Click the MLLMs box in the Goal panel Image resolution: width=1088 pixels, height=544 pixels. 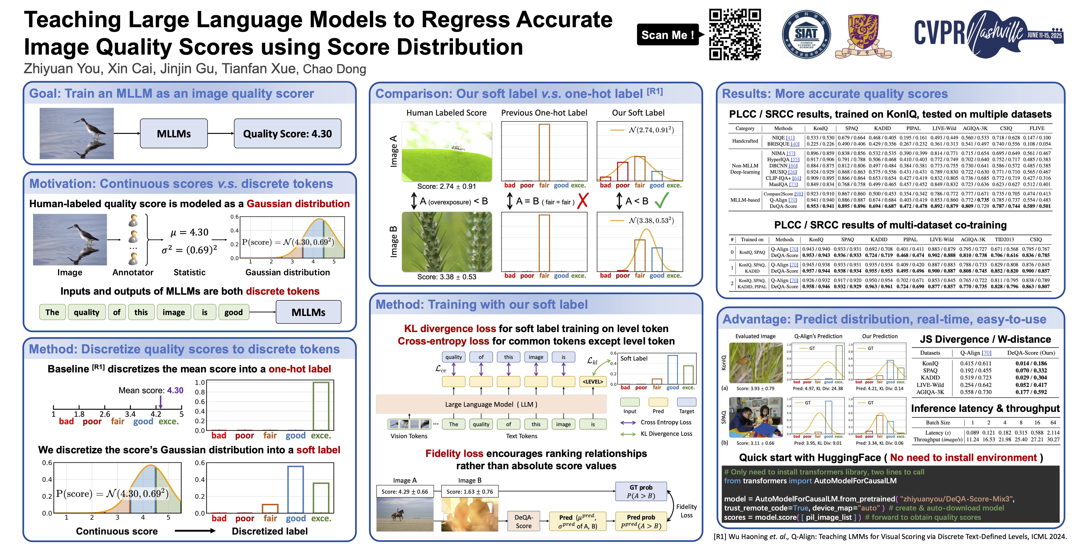[174, 134]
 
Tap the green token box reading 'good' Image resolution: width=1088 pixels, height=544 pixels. [233, 312]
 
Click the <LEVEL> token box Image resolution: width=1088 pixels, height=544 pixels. [593, 382]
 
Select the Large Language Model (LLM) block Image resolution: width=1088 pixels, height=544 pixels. [491, 404]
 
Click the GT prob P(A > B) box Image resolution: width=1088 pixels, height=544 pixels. [641, 491]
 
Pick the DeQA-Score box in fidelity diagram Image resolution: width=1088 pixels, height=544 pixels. [523, 521]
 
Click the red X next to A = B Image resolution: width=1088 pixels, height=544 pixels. [583, 201]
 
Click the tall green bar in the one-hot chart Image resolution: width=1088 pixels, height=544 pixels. [321, 406]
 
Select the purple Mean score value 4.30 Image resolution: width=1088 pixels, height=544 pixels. [175, 390]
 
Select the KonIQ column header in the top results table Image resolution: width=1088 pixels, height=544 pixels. [820, 128]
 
